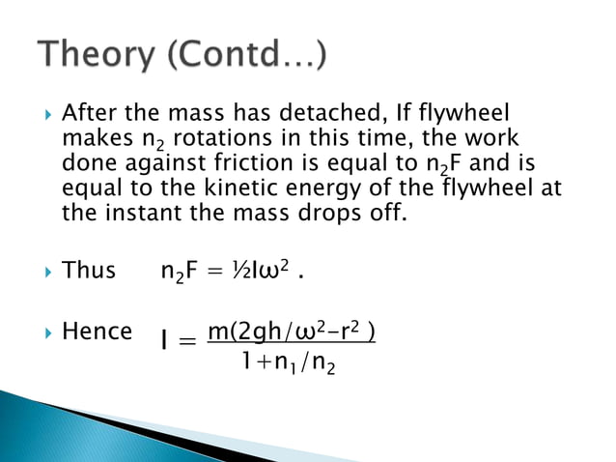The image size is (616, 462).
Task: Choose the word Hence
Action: click(97, 332)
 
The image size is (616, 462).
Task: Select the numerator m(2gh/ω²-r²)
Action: click(292, 332)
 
